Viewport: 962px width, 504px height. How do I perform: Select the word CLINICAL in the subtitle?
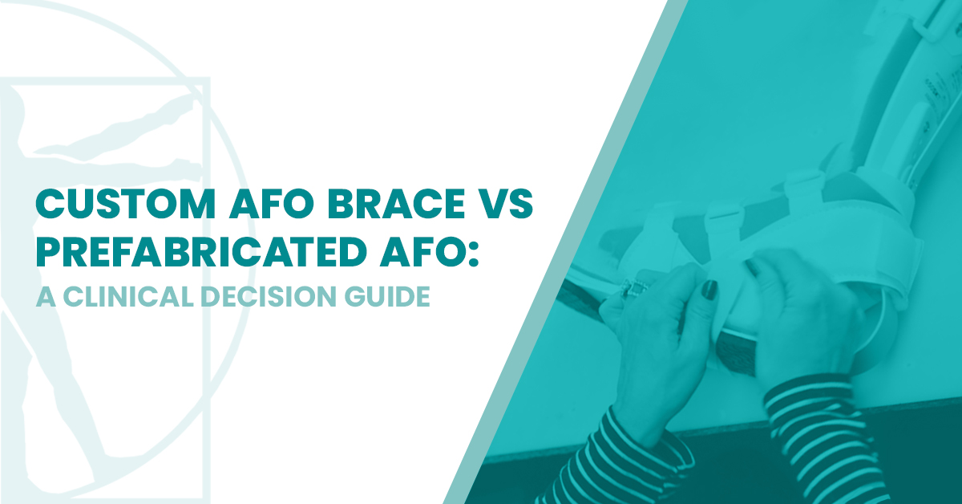[121, 296]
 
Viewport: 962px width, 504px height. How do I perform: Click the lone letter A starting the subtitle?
[43, 296]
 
